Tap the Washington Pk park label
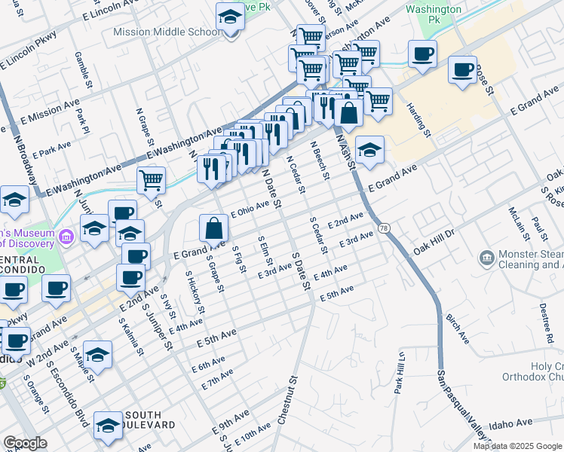coord(433,14)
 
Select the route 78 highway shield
coord(385,228)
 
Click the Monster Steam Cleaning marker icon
coord(487,259)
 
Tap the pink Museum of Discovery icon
coord(67,237)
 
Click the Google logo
coord(25,442)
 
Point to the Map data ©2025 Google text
coord(516,446)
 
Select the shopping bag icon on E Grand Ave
coord(215,227)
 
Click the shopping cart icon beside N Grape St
coord(151,179)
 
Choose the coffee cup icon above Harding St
coord(423,53)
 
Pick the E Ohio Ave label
coord(250,209)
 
